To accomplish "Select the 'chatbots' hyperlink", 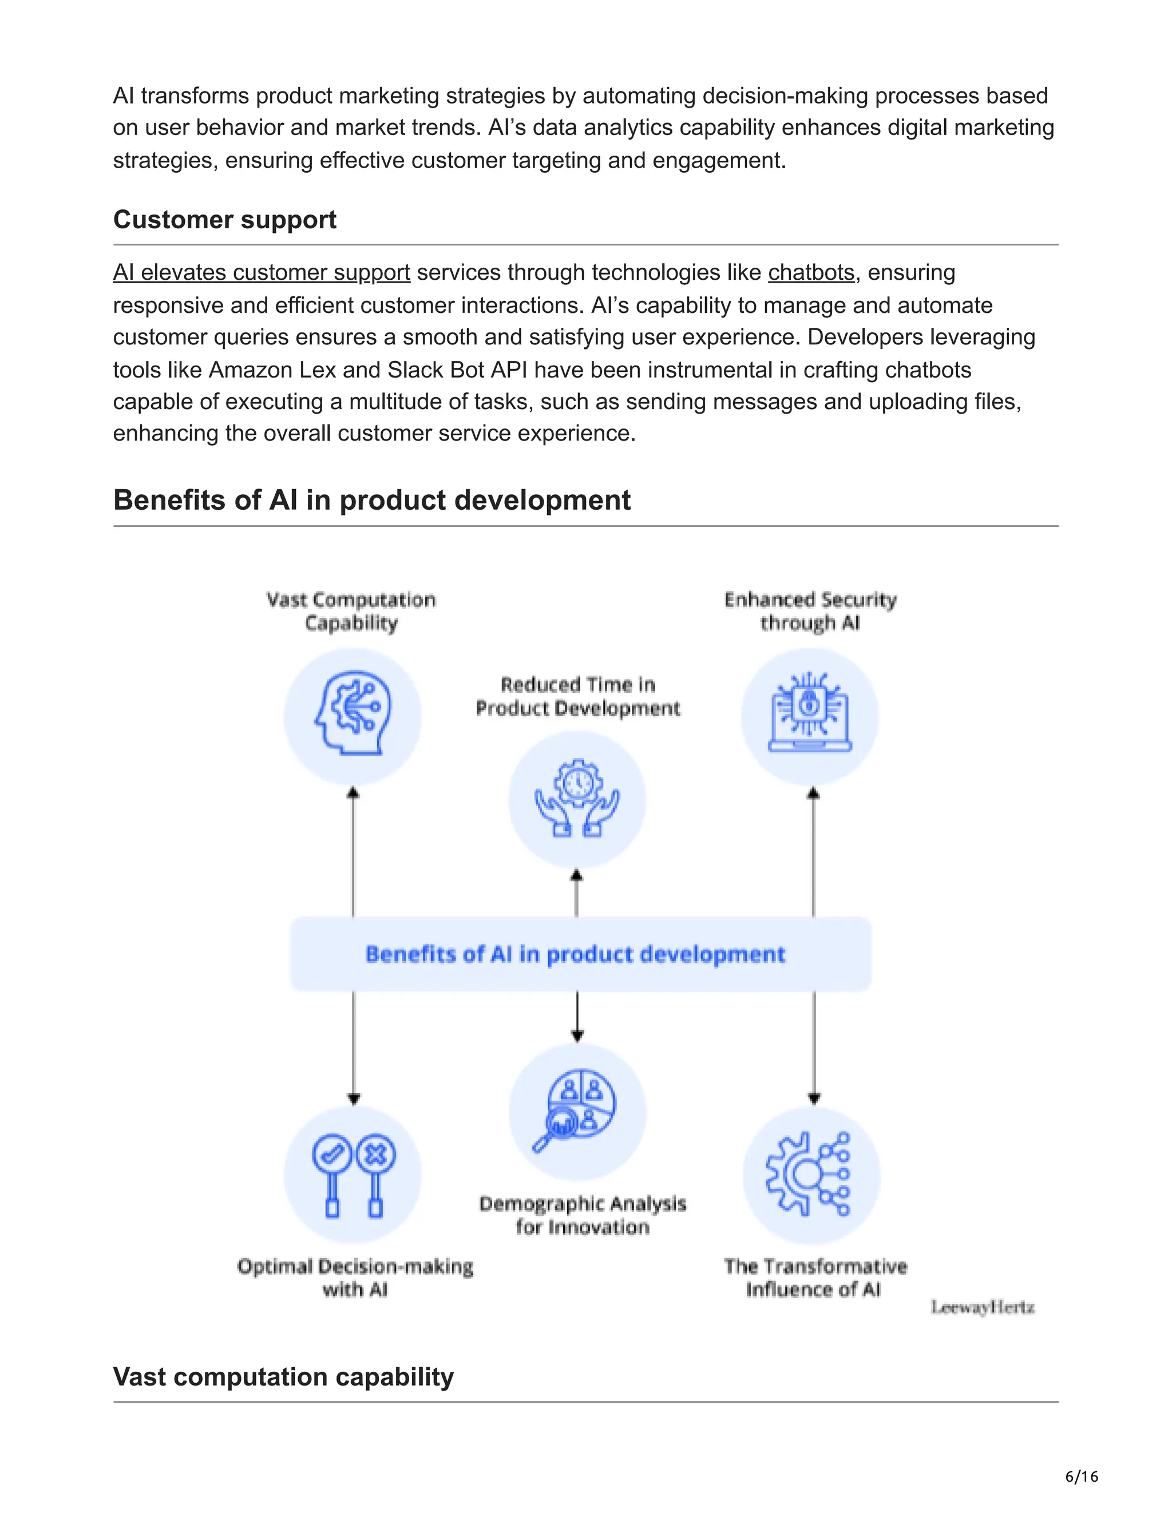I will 810,272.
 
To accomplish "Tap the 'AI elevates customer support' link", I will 261,272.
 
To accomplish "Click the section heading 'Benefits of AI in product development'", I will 371,500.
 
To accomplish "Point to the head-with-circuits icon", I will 353,716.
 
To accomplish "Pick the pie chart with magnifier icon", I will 576,1110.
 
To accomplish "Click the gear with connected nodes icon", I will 810,1174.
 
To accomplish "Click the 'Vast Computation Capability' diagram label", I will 351,611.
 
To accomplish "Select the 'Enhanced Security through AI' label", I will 810,611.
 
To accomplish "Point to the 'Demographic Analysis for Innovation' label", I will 582,1215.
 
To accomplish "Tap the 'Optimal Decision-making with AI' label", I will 355,1277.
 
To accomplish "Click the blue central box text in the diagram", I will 575,954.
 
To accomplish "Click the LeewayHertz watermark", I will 982,1308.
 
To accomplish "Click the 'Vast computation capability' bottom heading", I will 283,1376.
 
